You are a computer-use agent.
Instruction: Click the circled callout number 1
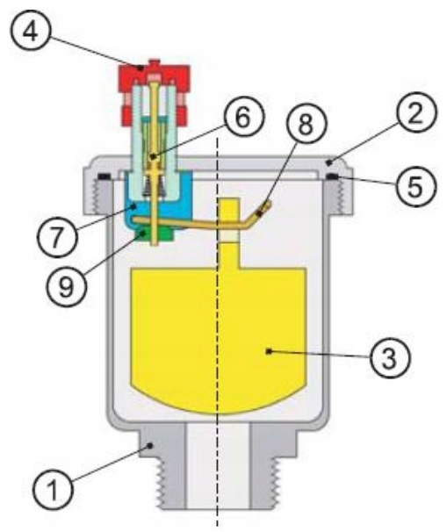[x=53, y=489]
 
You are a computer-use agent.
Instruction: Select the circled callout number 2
[x=416, y=112]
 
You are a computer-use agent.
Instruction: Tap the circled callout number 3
[x=390, y=358]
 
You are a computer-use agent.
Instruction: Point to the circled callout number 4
[x=30, y=32]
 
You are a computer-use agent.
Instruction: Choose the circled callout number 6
[x=243, y=117]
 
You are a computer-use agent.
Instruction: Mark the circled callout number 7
[x=57, y=236]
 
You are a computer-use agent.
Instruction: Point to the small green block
[x=156, y=235]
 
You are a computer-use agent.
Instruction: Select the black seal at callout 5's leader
[x=333, y=176]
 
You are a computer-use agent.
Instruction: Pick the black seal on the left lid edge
[x=105, y=176]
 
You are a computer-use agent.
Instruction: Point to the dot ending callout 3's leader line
[x=269, y=351]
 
